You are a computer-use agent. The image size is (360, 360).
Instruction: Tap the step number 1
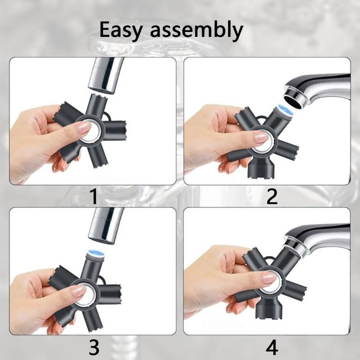(x=94, y=197)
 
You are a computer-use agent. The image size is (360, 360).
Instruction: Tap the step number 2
(x=272, y=197)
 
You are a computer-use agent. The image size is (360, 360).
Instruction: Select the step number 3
(x=94, y=347)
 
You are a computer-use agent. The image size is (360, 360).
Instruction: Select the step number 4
(x=272, y=347)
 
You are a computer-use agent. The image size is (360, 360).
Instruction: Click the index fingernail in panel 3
(x=79, y=292)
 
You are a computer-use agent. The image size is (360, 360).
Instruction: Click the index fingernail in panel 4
(x=269, y=279)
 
